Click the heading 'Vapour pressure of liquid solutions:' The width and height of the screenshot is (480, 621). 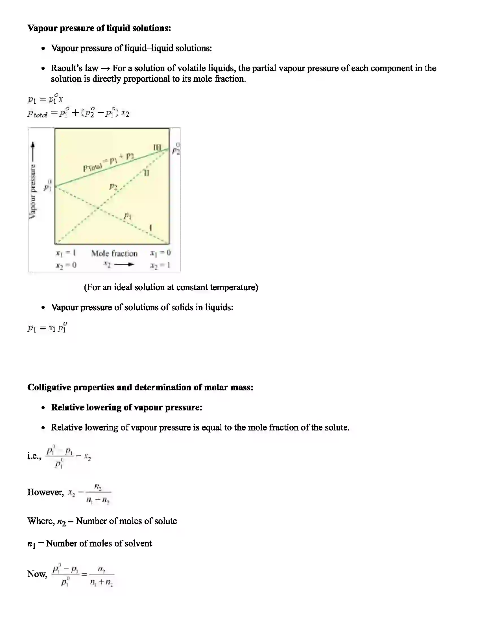coord(99,28)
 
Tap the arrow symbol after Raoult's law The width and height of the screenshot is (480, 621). coord(105,69)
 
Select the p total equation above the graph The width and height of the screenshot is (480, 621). coord(78,113)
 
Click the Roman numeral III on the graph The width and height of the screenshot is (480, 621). coord(157,147)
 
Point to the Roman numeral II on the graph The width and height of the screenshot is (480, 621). coord(146,172)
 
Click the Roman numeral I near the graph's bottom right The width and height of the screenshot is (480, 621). coord(151,228)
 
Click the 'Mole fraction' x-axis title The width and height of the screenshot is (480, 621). coord(114,253)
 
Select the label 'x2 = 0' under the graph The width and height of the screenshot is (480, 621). coord(66,265)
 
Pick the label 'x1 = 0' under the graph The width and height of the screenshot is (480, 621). coord(160,253)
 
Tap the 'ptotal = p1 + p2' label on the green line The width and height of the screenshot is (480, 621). coord(109,162)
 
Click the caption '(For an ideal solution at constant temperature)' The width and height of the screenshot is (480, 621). coord(171,287)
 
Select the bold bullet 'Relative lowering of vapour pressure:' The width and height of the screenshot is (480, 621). coord(126,407)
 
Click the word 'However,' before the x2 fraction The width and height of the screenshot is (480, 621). coord(45,492)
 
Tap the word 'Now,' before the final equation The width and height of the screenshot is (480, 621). coord(37,574)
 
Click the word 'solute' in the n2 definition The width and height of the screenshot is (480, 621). coord(165,521)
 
